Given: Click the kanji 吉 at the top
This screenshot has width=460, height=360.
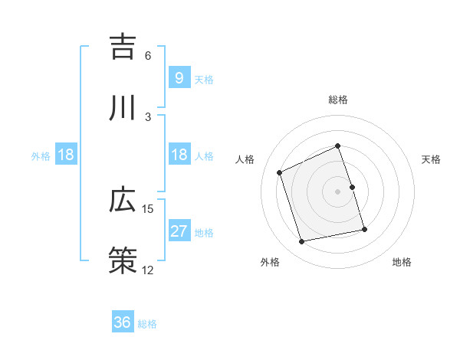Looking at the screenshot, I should (x=123, y=47).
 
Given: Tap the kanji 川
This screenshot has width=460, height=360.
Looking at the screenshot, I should (x=123, y=108).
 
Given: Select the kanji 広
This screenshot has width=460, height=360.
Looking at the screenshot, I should (x=123, y=201).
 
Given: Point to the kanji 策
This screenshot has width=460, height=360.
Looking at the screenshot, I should (x=123, y=261).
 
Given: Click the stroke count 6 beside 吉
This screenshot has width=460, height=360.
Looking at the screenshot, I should (x=148, y=56).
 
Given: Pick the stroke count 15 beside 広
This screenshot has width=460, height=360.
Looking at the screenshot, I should (x=148, y=209).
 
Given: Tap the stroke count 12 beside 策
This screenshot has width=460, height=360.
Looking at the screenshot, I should (x=148, y=270).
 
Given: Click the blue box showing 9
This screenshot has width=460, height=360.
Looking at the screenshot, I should (x=179, y=78).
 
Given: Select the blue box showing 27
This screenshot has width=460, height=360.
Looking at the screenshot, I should (x=179, y=231).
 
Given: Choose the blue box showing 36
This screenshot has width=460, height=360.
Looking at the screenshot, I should (x=123, y=322).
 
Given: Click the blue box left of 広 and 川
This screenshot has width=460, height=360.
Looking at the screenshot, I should (x=66, y=155).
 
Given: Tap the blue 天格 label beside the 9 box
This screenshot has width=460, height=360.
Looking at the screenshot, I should (x=204, y=79).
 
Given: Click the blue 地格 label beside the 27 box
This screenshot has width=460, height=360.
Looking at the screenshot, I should (x=204, y=232).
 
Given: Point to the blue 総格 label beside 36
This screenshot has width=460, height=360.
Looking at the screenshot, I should (x=147, y=323).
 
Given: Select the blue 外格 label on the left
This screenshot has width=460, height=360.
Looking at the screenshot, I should (x=41, y=155).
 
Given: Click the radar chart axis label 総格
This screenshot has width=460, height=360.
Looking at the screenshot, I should (x=338, y=100).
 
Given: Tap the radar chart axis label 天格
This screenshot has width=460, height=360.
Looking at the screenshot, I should (x=431, y=159).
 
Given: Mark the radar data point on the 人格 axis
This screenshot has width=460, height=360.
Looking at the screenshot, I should (x=280, y=172).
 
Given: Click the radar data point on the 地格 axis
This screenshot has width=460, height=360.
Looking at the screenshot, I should (x=364, y=229).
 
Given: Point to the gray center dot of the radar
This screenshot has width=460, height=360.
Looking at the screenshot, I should (x=338, y=191).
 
